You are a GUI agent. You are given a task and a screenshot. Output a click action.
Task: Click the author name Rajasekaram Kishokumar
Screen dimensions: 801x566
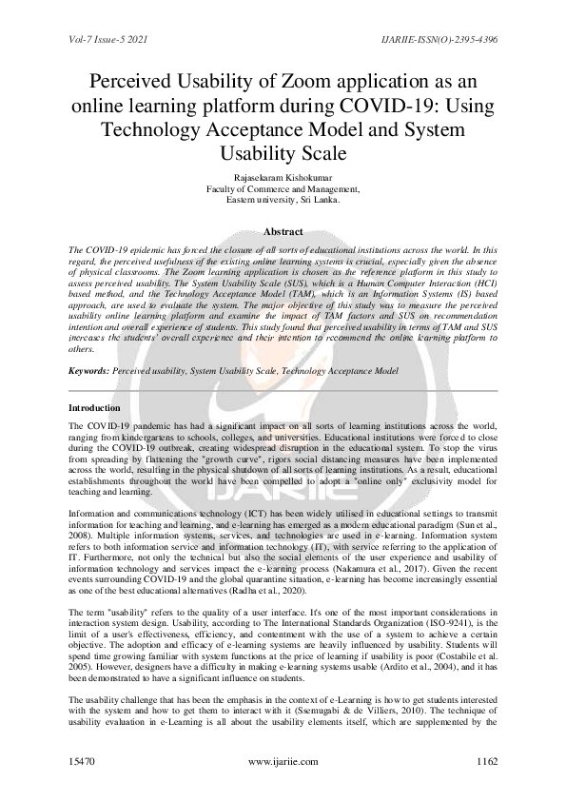pos(283,178)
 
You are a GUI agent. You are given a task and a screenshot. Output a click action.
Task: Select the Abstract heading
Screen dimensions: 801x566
pos(283,231)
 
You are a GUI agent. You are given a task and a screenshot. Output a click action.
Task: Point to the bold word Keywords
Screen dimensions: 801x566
pos(88,369)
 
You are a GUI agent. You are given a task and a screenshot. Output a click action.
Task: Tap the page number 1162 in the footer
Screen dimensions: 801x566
pos(487,762)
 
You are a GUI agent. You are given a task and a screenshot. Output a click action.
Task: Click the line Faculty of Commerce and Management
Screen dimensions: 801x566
pos(283,189)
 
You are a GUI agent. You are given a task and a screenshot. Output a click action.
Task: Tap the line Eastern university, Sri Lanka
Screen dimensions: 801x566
pos(283,200)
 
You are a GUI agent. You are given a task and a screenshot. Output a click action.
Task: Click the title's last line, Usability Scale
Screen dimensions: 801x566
pos(283,152)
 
